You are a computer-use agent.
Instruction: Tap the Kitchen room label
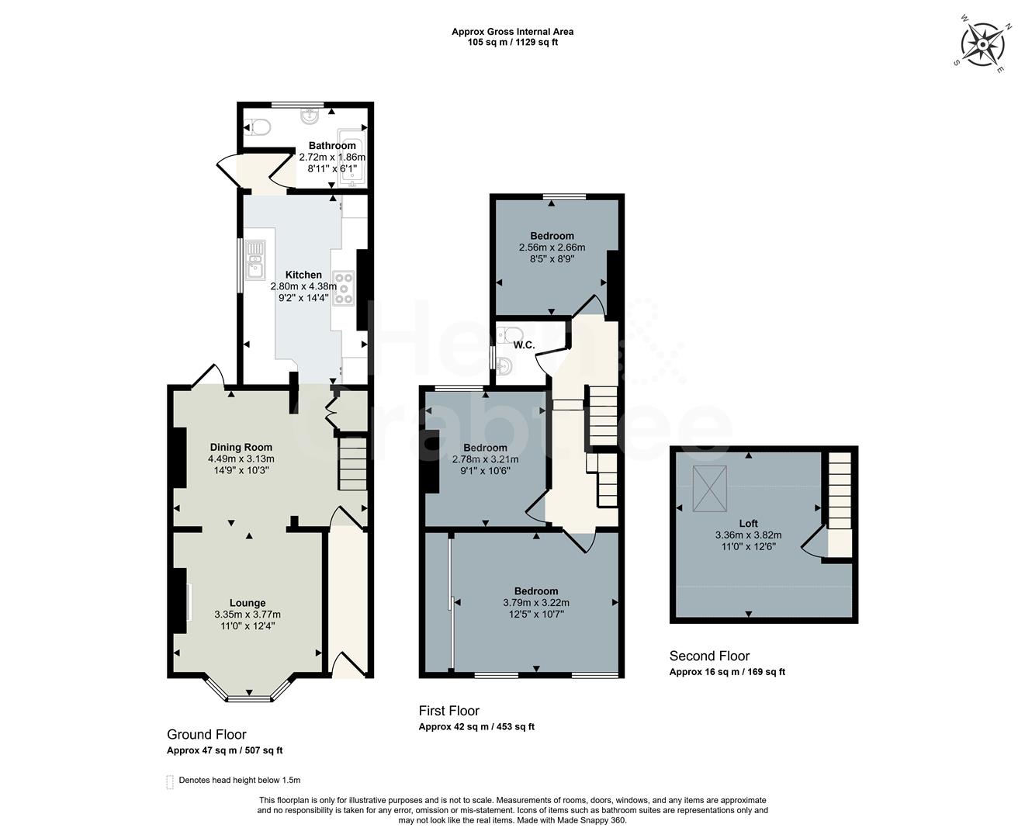pos(303,275)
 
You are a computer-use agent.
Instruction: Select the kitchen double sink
pos(255,259)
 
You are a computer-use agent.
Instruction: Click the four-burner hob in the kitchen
pos(343,288)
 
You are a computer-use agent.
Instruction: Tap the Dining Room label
pos(241,447)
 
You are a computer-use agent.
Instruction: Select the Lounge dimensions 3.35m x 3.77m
pos(248,615)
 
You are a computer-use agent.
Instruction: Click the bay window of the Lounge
pos(249,693)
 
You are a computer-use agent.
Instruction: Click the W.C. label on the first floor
pos(525,345)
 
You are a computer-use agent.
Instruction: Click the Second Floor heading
pos(709,656)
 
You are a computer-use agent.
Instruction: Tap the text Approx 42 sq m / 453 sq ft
pos(476,727)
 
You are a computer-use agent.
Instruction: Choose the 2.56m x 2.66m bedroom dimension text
pos(552,248)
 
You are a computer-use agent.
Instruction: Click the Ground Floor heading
pos(206,734)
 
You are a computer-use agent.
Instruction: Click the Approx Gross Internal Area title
pos(512,32)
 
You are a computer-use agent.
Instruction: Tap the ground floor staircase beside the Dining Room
pos(351,463)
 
